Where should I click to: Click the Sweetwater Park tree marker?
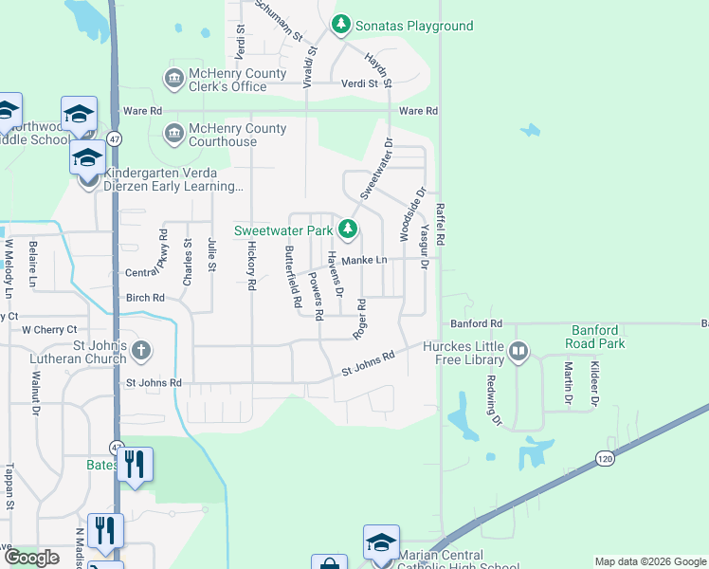349,229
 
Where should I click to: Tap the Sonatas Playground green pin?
340,24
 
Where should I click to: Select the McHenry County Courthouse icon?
174,134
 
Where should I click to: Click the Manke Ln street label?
365,260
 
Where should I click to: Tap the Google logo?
31,558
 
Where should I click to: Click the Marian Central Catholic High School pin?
381,541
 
